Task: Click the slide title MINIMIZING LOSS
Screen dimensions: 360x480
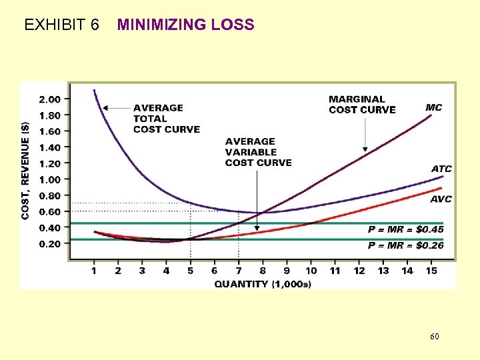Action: point(185,25)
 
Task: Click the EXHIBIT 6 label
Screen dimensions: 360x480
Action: point(61,25)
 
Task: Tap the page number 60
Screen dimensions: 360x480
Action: point(434,337)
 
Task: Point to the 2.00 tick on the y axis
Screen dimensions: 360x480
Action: point(50,99)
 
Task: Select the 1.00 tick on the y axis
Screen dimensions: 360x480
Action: point(50,179)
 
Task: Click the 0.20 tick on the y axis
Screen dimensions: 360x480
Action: point(50,243)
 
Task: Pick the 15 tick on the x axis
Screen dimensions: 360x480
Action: point(431,271)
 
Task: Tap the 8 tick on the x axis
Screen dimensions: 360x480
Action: point(263,271)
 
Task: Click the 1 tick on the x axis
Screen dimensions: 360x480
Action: point(94,271)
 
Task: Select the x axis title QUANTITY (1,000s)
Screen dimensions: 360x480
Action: point(263,284)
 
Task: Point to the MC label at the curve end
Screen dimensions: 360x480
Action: point(434,107)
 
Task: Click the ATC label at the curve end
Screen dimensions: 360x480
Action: point(441,169)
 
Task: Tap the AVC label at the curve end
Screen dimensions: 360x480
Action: point(441,199)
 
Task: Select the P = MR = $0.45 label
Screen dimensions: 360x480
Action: point(405,229)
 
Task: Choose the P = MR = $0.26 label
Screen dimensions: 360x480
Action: point(405,245)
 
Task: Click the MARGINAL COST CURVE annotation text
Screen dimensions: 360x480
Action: point(362,105)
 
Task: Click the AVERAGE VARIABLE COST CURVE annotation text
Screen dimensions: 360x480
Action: point(258,152)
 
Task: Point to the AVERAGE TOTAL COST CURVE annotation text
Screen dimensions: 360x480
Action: point(166,118)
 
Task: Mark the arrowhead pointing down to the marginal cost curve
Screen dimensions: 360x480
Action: point(365,149)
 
